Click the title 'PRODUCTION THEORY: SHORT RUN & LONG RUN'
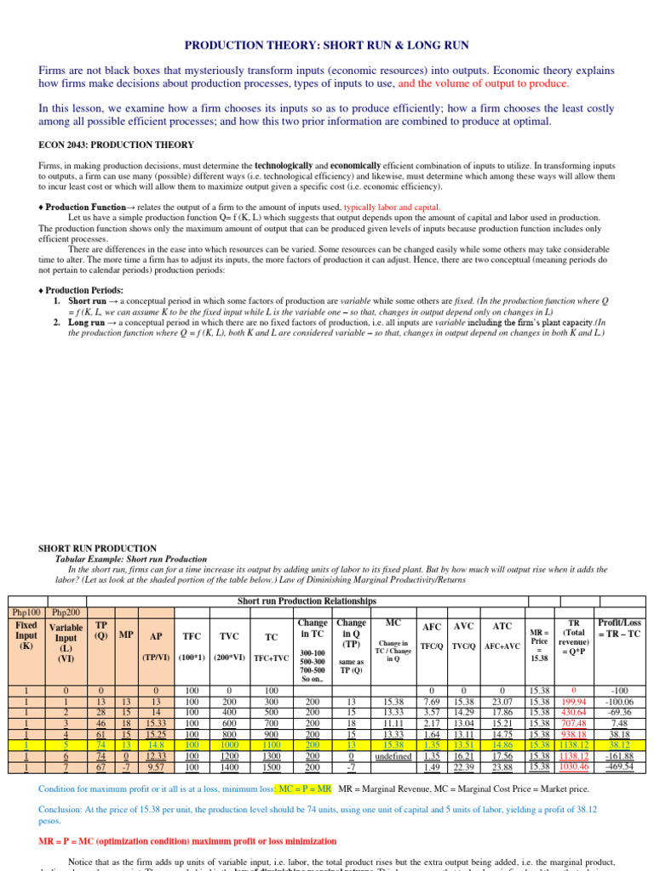(x=327, y=44)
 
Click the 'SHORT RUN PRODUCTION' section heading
(x=98, y=549)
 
